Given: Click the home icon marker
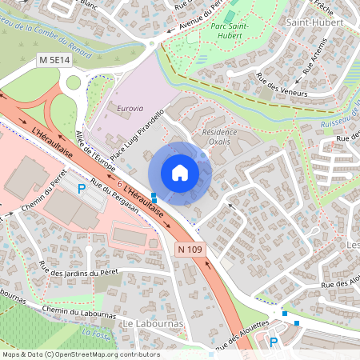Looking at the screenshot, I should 180,173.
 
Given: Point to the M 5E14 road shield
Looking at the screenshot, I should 54,60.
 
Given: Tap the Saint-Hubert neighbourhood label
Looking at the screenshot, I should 314,22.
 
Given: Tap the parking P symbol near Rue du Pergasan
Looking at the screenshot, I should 80,189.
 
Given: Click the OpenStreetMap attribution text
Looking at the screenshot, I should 80,354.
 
